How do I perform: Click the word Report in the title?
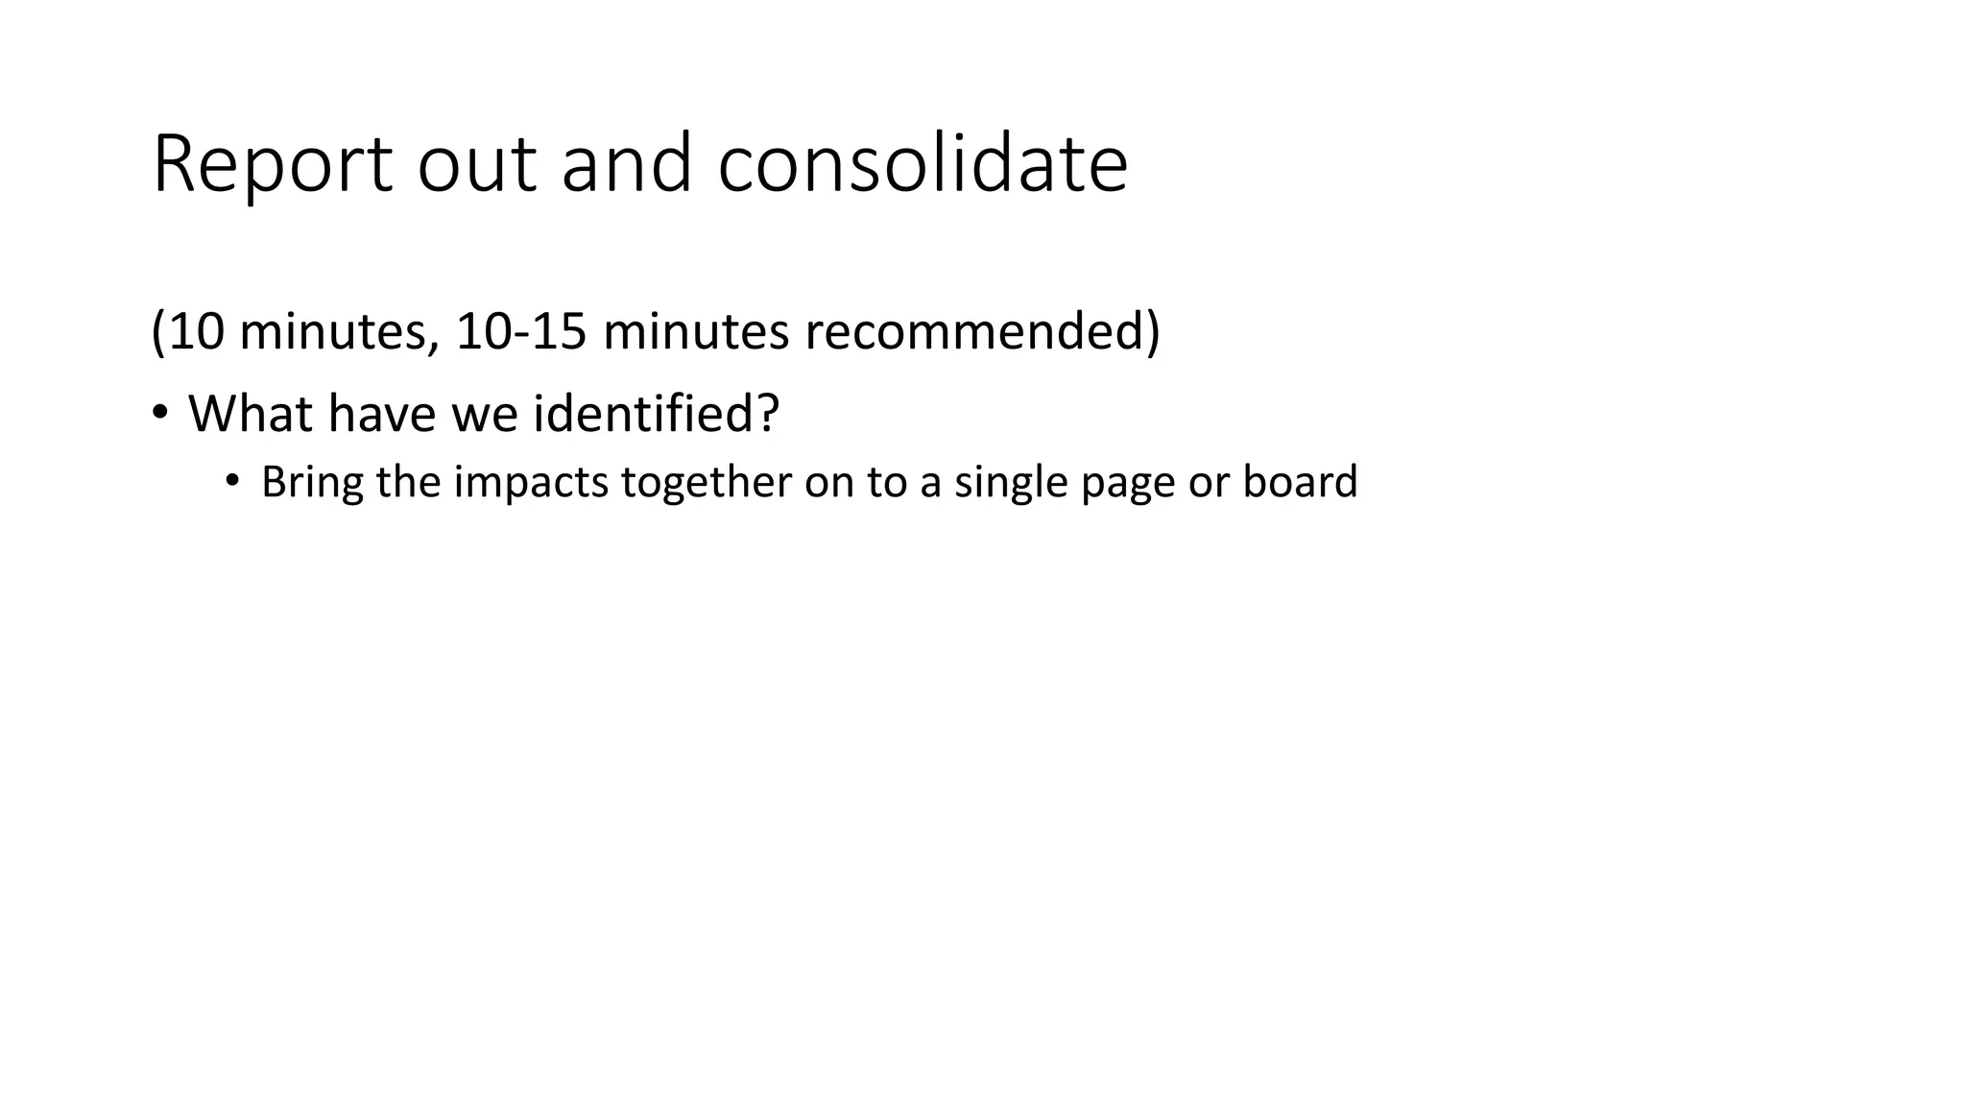tap(272, 165)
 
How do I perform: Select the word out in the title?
tap(476, 165)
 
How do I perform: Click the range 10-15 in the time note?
tap(520, 331)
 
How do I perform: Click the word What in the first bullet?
tap(251, 414)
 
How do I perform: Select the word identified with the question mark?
tap(656, 414)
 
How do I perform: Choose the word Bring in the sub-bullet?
tap(312, 482)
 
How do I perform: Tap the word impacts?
tap(531, 482)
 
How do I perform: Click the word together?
tap(706, 482)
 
